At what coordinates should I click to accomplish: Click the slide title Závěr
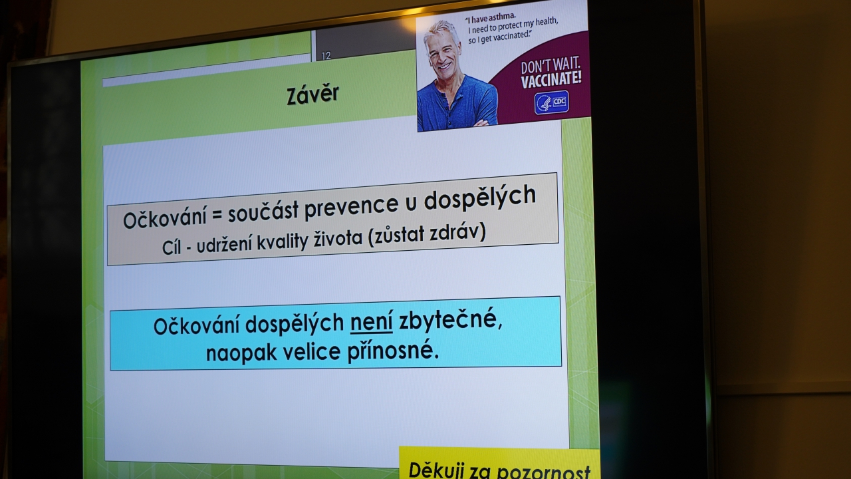(312, 94)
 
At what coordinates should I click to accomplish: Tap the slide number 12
(326, 56)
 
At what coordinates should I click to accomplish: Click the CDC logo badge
(552, 102)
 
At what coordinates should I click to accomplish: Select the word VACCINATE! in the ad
(551, 79)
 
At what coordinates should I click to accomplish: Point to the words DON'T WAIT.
(550, 66)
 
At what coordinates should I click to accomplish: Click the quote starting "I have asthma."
(512, 28)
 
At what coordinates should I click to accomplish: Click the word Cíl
(171, 248)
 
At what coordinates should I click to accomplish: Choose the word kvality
(282, 242)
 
